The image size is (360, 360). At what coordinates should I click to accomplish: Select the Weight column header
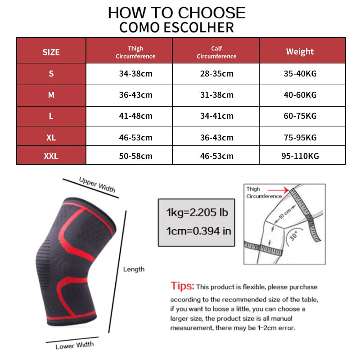[x=300, y=51]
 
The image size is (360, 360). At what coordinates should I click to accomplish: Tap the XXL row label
[x=51, y=157]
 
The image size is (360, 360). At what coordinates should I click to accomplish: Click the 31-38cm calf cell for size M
[x=216, y=95]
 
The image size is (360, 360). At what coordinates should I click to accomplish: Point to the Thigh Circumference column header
[x=135, y=52]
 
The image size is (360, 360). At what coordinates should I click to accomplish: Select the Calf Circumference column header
[x=216, y=52]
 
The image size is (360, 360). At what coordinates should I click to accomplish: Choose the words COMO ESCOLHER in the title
[x=176, y=27]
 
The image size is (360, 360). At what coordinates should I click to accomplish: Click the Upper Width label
[x=97, y=184]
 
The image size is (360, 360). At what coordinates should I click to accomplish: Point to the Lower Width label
[x=75, y=346]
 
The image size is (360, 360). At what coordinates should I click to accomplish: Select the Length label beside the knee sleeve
[x=134, y=269]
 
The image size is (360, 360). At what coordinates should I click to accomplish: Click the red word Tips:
[x=182, y=286]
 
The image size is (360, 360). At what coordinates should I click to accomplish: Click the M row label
[x=51, y=95]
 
